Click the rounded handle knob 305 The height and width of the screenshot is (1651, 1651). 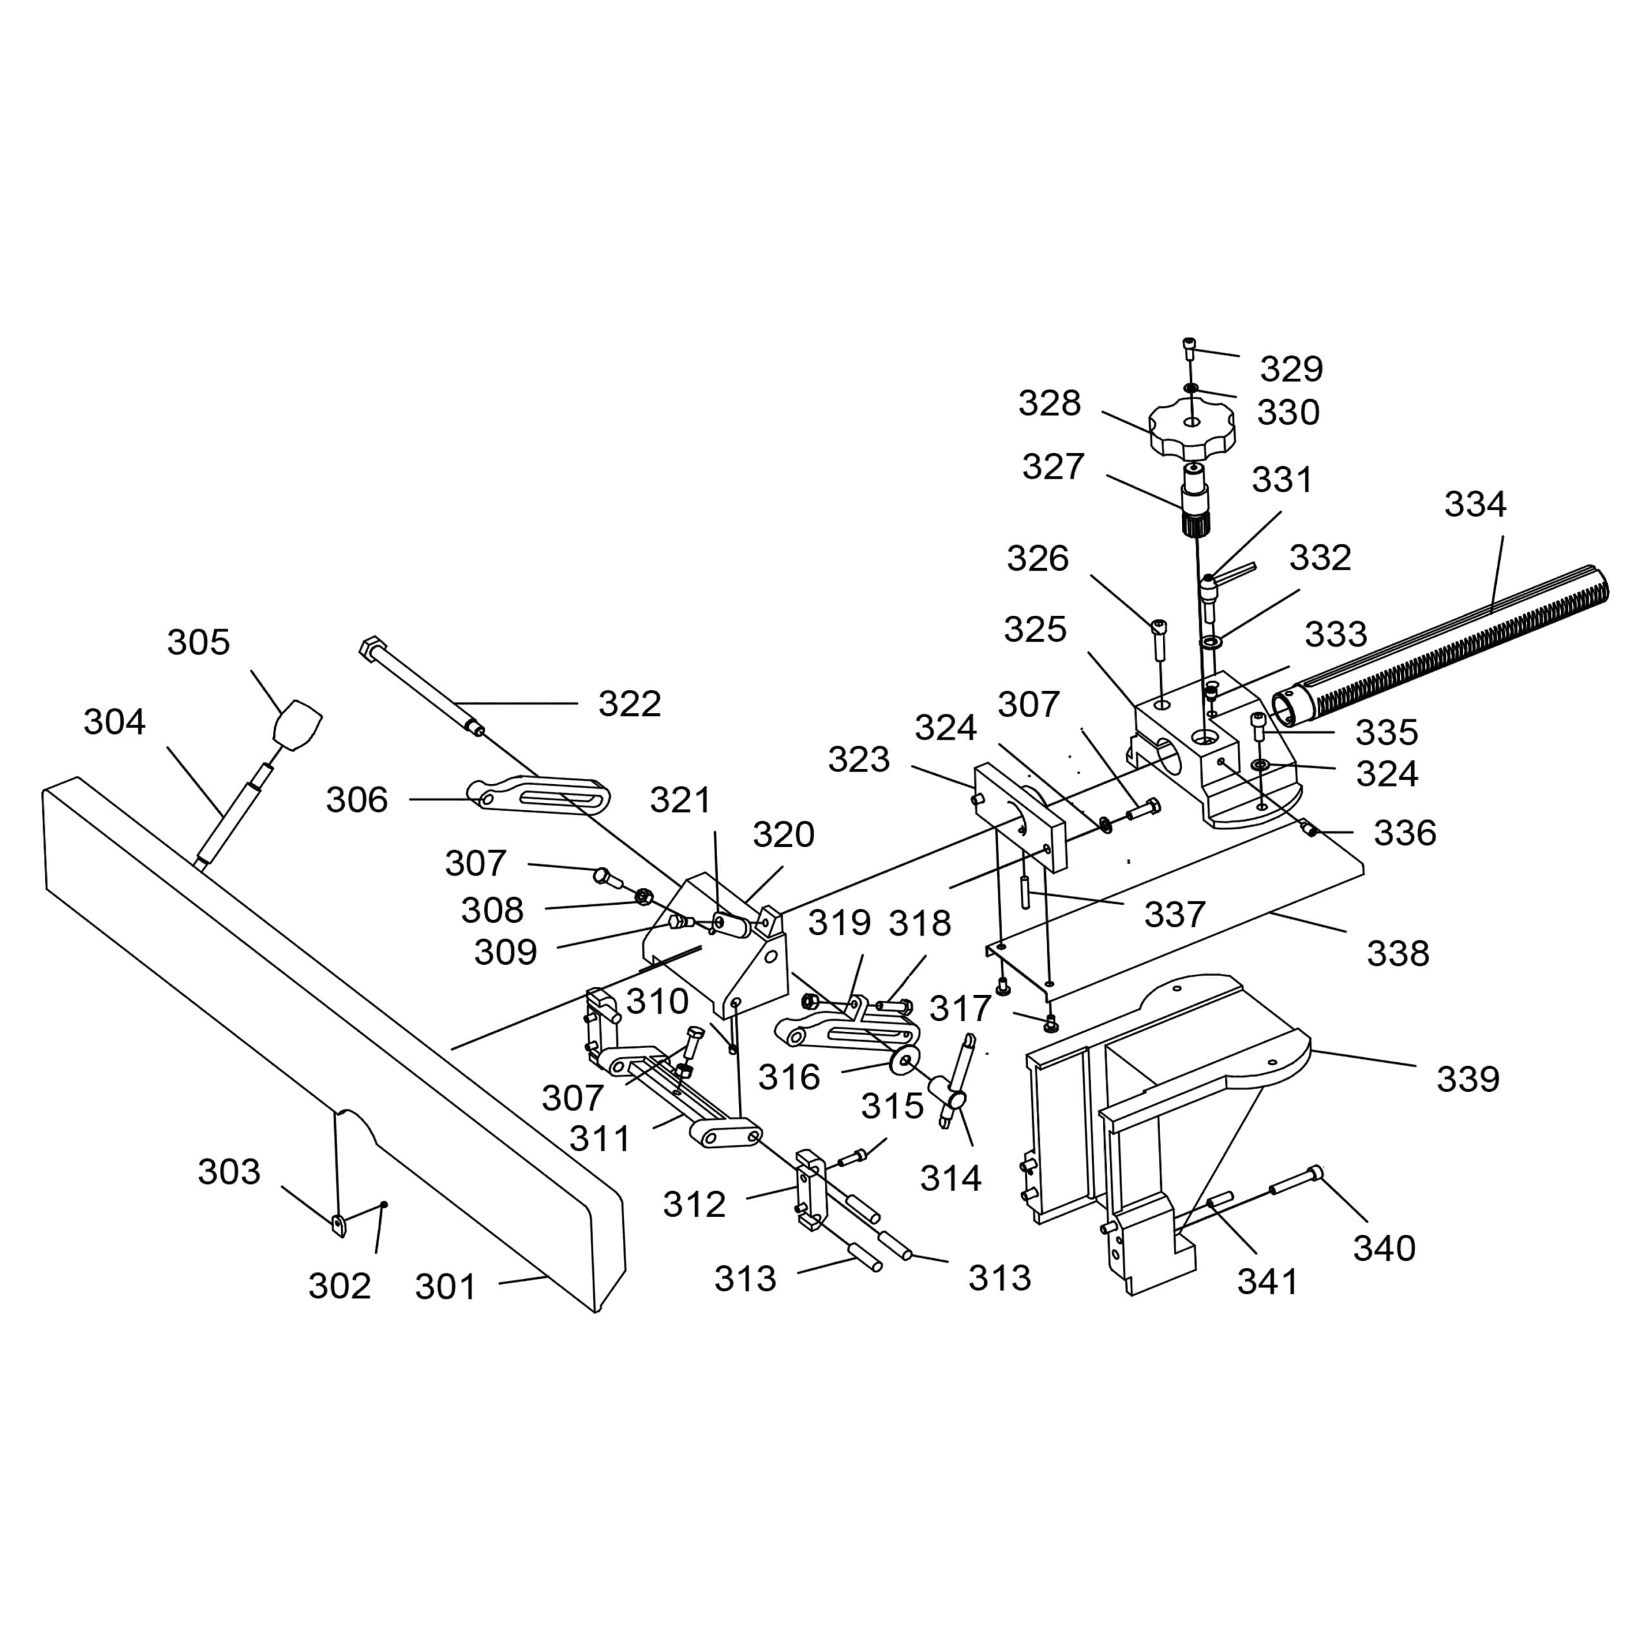297,725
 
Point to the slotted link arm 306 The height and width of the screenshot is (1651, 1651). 539,795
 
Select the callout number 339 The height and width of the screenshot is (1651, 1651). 1468,1080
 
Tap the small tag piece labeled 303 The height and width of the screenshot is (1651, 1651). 339,1225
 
